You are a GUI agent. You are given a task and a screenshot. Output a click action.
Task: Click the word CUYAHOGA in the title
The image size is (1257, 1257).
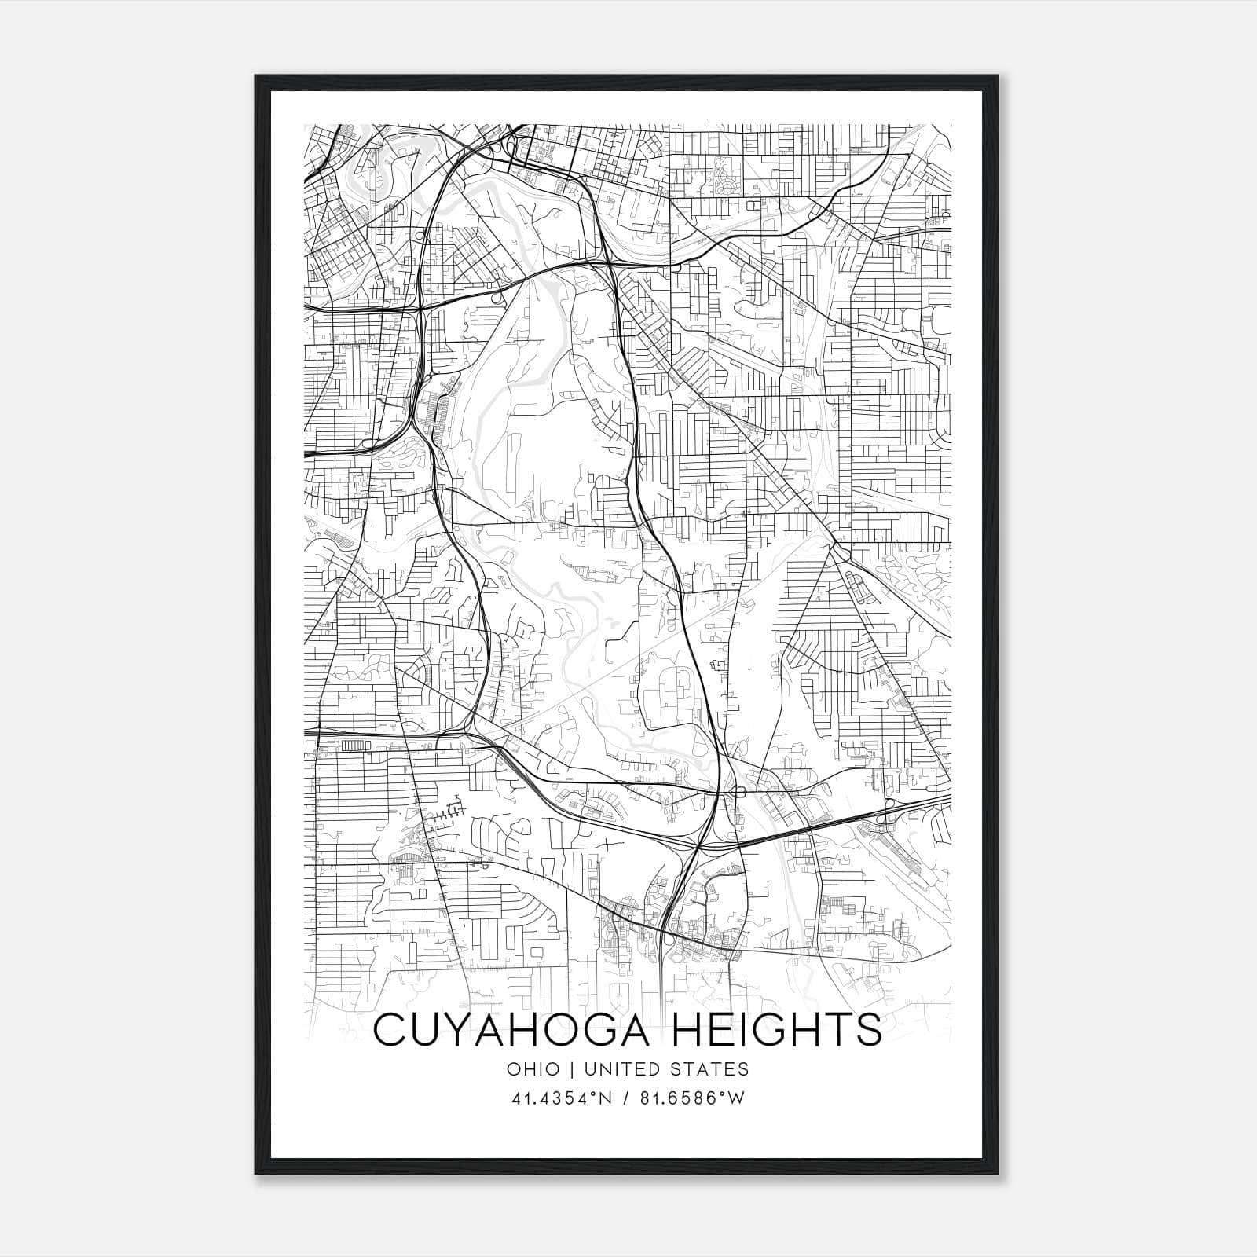tap(512, 1030)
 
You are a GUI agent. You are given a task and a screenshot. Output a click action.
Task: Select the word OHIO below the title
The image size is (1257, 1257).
tap(534, 1069)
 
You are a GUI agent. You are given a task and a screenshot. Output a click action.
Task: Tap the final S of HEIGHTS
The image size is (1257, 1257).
tap(870, 1030)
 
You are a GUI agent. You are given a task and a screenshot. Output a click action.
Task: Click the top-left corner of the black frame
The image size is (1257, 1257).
tap(256, 76)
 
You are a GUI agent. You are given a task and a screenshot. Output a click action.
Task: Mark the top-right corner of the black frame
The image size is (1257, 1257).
tap(999, 76)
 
